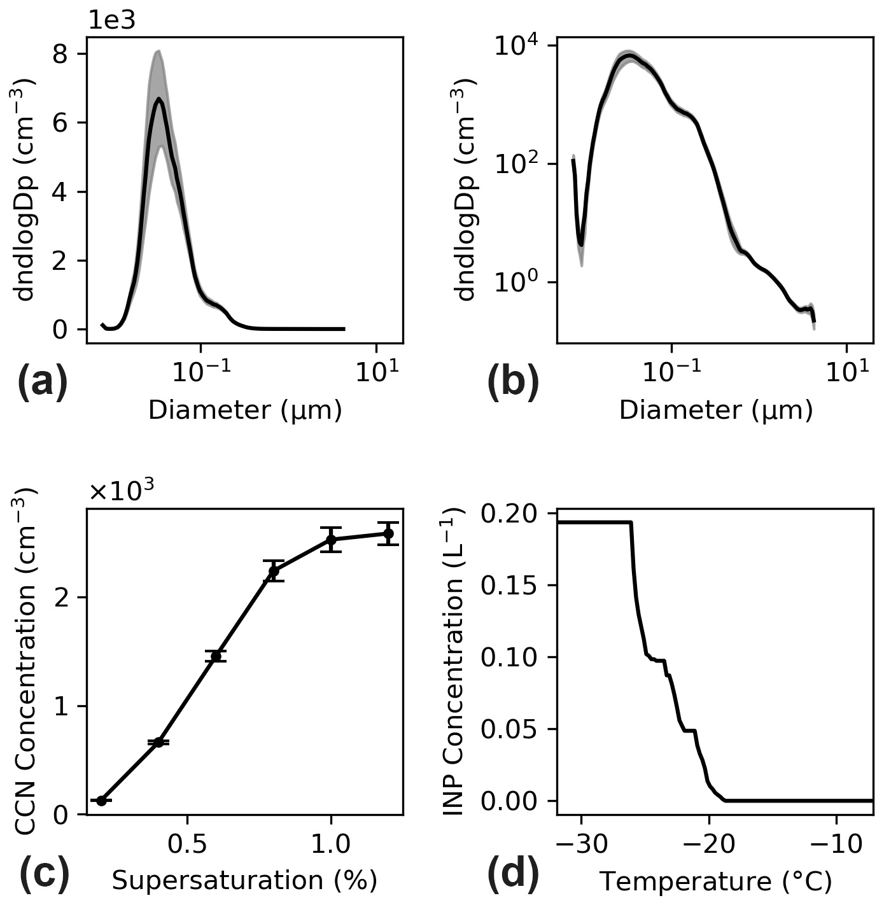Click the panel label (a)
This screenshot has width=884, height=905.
[x=43, y=383]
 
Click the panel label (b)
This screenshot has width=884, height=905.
[x=513, y=383]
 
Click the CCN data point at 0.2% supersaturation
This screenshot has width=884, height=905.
[x=101, y=800]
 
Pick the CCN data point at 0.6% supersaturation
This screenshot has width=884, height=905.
[x=216, y=656]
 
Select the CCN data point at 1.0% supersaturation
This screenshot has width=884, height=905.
[x=331, y=540]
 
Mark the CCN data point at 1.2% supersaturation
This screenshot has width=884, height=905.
[x=388, y=533]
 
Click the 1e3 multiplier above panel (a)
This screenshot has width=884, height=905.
[x=111, y=21]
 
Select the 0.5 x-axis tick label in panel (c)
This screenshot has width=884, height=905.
[x=187, y=843]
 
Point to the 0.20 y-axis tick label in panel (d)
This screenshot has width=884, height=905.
[x=509, y=513]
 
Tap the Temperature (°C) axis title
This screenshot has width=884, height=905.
[x=715, y=881]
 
